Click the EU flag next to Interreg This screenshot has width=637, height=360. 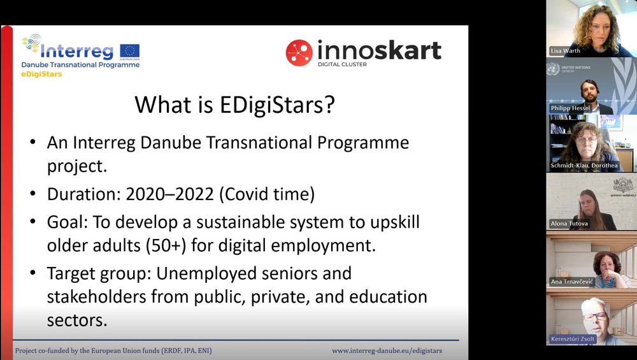point(129,51)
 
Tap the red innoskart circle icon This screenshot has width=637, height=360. point(299,53)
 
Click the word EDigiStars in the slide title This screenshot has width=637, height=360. point(277,105)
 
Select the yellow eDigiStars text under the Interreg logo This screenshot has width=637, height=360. point(41,74)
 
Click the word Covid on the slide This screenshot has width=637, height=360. point(245,194)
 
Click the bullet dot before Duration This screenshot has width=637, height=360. point(33,194)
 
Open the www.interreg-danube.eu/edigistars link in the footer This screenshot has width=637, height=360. point(387,350)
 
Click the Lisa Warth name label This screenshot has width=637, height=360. point(565,51)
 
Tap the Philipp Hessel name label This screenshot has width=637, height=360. point(570,108)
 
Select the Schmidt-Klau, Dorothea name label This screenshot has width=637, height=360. point(584,166)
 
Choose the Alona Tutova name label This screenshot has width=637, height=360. point(569,224)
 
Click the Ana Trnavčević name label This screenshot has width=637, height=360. point(572,281)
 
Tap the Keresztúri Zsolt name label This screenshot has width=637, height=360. point(573,338)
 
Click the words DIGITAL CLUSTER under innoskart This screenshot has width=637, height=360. point(342,64)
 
